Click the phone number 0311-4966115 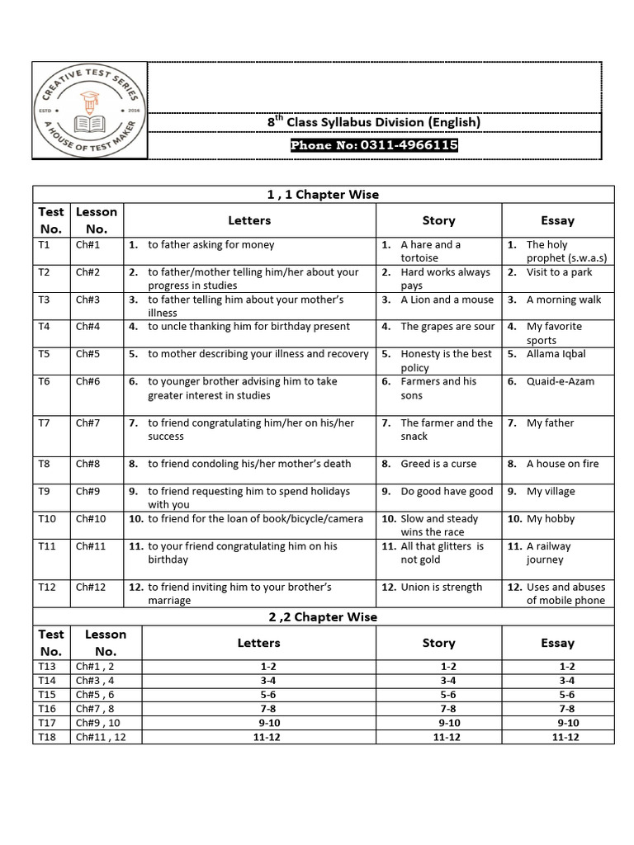click(374, 145)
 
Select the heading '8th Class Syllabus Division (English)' click(374, 122)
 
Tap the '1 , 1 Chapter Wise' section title click(323, 195)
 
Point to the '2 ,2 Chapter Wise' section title click(323, 616)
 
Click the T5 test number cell click(45, 354)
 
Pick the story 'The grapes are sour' click(447, 327)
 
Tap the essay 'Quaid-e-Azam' click(560, 381)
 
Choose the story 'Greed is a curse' click(438, 464)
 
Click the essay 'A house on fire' click(562, 464)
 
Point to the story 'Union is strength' click(441, 588)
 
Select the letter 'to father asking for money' click(211, 245)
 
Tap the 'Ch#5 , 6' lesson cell click(97, 695)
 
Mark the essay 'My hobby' click(550, 519)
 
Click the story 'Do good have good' click(447, 492)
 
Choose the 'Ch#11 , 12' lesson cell click(101, 737)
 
